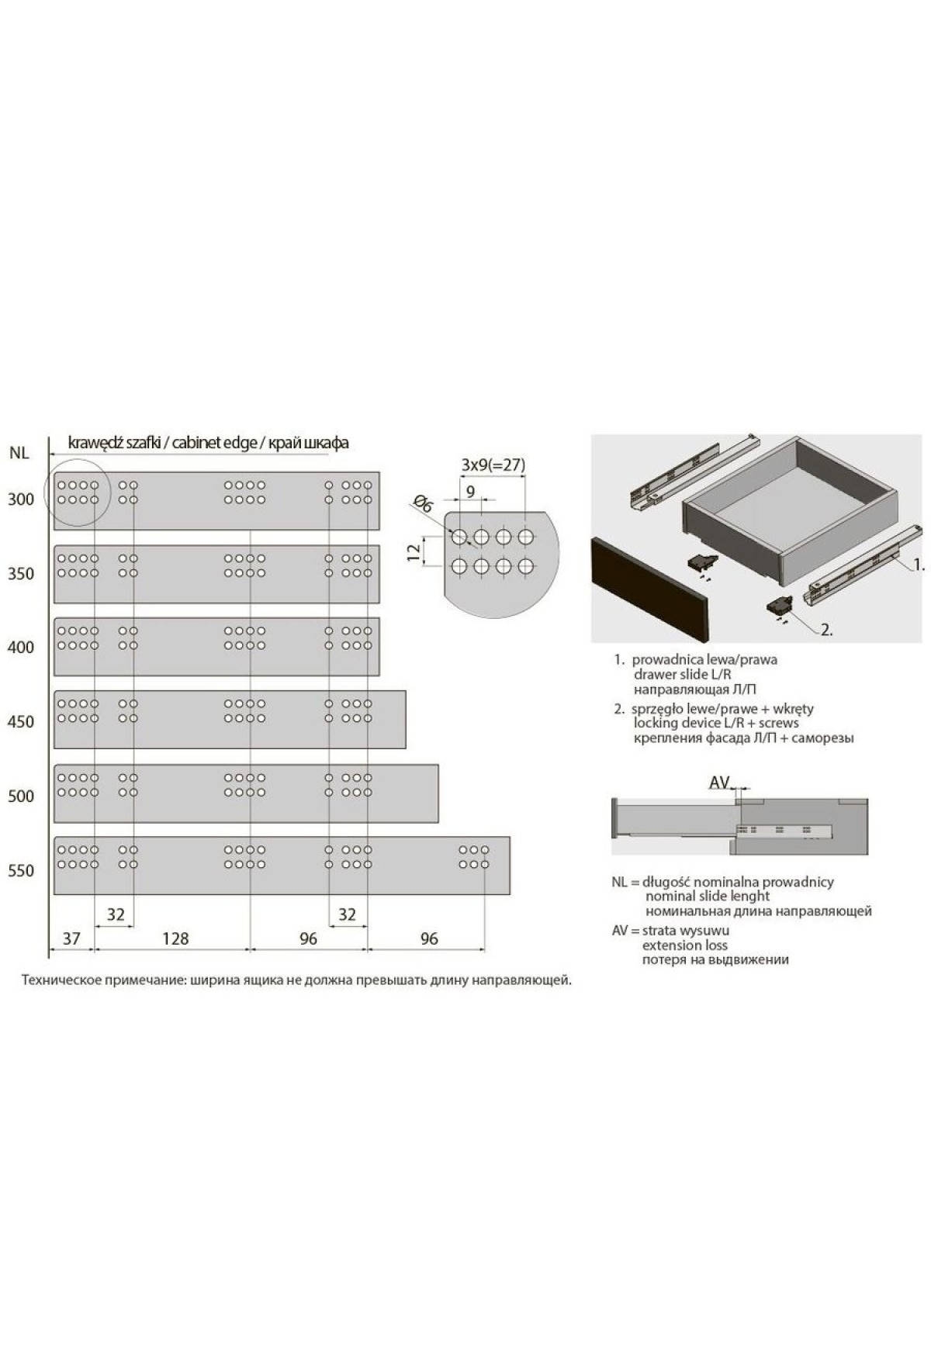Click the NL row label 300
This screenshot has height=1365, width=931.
(x=21, y=499)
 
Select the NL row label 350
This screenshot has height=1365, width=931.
(x=21, y=574)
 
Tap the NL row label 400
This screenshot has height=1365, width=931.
(x=21, y=648)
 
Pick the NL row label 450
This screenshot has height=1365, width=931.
(x=21, y=722)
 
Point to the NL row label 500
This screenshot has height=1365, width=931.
(x=21, y=797)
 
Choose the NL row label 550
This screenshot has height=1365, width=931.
(x=21, y=871)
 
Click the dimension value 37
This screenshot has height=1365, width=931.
(x=71, y=938)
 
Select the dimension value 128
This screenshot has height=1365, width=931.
(x=175, y=938)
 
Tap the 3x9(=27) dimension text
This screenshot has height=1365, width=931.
(x=493, y=465)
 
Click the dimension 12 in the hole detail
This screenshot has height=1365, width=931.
(x=414, y=551)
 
